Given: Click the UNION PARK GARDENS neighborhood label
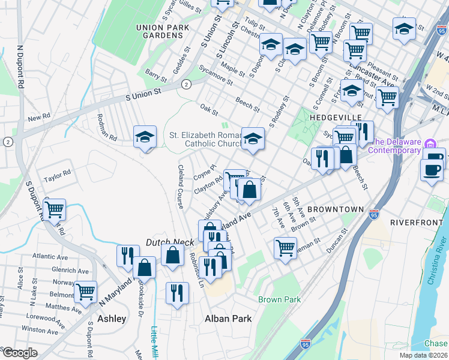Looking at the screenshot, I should coord(158,31).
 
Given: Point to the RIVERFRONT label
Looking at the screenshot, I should coord(416,221).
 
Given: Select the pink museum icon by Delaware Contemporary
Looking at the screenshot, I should coord(430,145).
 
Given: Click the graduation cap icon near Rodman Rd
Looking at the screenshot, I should coord(145,137).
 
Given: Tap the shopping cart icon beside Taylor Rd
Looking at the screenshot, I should coord(54,209).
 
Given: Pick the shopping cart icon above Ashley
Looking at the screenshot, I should coord(86,292).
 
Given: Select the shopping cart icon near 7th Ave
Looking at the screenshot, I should coord(285,247).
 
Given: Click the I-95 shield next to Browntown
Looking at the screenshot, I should coord(374,214).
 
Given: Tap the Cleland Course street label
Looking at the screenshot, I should coord(179,187).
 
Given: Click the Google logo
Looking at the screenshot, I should coord(20,352).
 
